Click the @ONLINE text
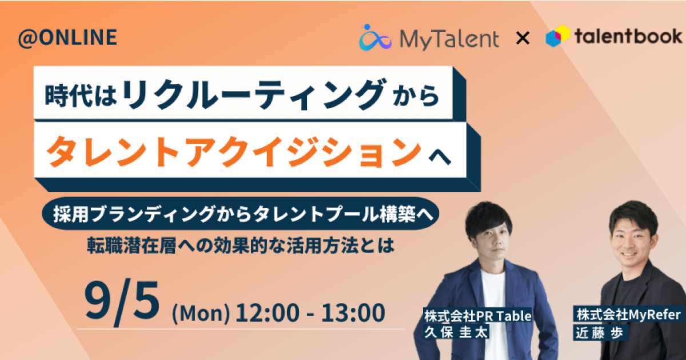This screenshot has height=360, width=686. coord(67,38)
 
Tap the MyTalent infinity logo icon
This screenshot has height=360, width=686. coord(375,38)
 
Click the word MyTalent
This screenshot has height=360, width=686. coord(449,39)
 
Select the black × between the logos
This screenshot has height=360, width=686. coord(523,39)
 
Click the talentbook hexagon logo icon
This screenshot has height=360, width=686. coord(558,36)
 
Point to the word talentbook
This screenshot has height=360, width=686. coord(628,36)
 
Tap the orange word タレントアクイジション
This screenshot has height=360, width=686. coord(234,151)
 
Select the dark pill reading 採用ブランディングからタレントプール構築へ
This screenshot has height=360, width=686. coord(241,214)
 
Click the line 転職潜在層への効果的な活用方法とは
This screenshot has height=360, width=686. coord(241,246)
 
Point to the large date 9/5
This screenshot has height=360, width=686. coord(122,302)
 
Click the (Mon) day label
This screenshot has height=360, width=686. coord(201,314)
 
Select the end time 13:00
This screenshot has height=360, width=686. coord(353,312)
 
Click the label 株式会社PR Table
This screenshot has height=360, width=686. coord(478,316)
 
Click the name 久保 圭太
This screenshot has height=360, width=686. coord(456,332)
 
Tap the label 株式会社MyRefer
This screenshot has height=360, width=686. coord(629,314)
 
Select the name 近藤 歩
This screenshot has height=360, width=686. coord(599,333)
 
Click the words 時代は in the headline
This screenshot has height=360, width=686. coord(81,95)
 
